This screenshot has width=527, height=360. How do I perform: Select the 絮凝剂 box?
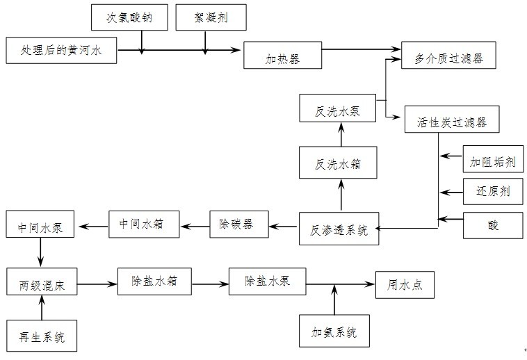[211, 17]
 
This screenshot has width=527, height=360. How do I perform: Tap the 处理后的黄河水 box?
[60, 51]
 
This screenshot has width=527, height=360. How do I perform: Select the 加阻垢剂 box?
[493, 163]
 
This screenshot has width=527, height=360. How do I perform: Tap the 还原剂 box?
[493, 190]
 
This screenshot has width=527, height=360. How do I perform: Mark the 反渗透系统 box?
[339, 229]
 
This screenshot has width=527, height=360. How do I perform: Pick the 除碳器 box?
[238, 224]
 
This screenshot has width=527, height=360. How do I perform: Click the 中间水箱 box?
[144, 224]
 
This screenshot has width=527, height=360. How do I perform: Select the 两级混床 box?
[42, 284]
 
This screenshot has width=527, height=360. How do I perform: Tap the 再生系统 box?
[42, 336]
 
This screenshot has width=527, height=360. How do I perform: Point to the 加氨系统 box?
[334, 331]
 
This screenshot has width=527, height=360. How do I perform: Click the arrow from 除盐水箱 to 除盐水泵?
[210, 284]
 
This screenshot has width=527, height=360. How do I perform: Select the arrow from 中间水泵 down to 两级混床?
[42, 252]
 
